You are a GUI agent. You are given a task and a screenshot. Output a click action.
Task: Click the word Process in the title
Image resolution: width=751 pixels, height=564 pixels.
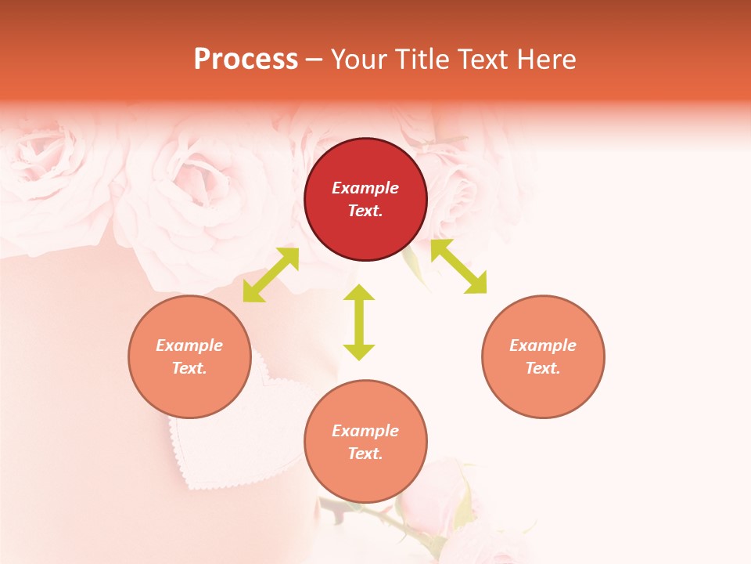246,60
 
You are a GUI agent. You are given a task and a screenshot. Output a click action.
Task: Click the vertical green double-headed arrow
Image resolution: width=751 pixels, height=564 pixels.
359,322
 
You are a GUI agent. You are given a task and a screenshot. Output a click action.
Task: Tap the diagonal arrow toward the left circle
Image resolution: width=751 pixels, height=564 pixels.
271,274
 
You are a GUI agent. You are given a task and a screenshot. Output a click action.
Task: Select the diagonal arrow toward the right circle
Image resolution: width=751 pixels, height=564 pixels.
458,266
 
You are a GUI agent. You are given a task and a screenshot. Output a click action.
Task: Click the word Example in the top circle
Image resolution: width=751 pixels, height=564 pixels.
365,188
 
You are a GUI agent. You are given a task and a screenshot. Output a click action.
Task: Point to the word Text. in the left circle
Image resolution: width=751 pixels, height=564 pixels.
189,368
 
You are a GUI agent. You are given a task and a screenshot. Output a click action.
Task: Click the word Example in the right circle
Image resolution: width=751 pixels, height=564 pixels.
543,345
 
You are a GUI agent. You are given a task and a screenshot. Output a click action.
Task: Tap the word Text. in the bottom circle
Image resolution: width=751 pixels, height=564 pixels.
365,454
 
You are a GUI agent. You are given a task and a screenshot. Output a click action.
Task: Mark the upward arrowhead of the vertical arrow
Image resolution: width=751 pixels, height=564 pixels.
359,294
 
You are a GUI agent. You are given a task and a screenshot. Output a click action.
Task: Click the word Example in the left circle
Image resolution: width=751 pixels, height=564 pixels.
189,345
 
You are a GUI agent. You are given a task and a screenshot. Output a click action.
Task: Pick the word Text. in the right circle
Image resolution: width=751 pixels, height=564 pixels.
543,368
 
